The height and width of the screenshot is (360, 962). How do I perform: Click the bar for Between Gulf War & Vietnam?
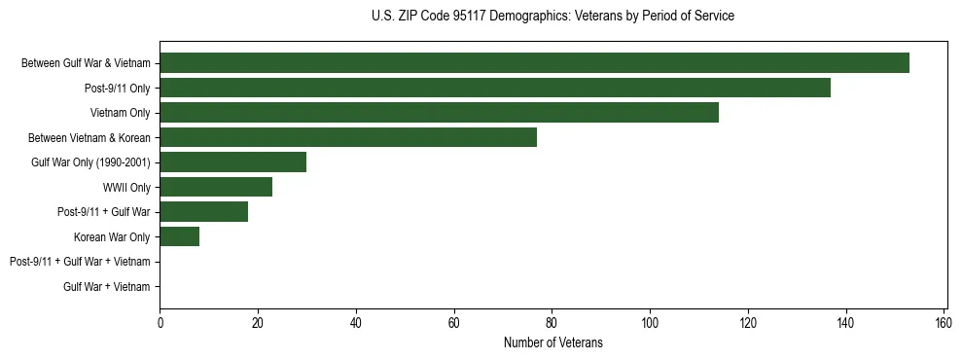(x=534, y=63)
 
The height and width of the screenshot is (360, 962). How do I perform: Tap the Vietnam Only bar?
(x=439, y=113)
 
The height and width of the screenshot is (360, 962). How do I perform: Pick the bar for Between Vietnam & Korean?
(x=348, y=137)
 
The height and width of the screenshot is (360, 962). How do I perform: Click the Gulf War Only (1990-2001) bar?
(x=232, y=162)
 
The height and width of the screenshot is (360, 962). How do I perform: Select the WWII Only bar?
(x=216, y=187)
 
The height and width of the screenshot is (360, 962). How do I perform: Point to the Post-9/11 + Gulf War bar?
(x=203, y=211)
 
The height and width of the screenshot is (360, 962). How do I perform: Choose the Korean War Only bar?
(x=179, y=236)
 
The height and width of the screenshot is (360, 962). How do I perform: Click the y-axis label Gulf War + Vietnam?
(x=107, y=286)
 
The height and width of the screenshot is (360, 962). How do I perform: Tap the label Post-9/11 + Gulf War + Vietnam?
(x=80, y=262)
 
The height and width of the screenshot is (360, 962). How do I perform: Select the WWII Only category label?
(x=126, y=187)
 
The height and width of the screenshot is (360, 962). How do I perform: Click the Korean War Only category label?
(x=112, y=236)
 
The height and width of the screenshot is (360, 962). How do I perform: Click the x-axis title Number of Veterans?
(x=552, y=342)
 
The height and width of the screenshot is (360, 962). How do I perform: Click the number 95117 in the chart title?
(x=462, y=16)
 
